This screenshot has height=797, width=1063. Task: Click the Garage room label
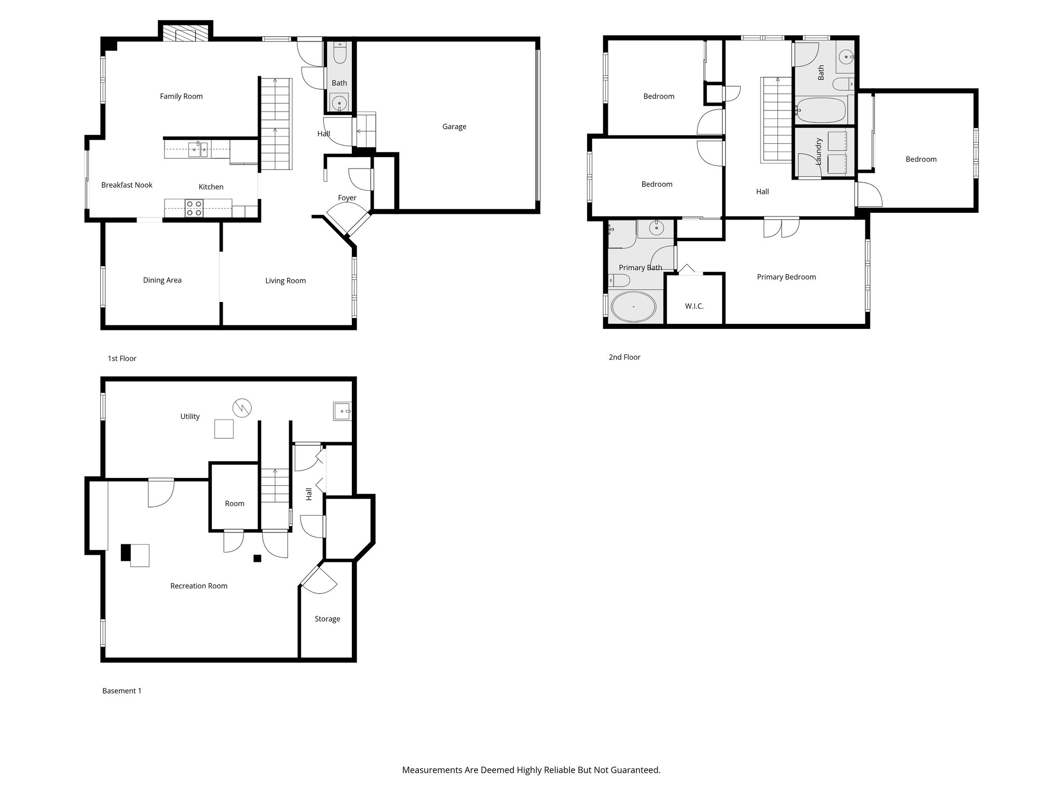[x=454, y=127]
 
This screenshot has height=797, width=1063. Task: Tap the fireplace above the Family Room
[x=185, y=34]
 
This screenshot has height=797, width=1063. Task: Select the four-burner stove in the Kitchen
[x=194, y=208]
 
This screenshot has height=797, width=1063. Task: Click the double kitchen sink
[x=198, y=150]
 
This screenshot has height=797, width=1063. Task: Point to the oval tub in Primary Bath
[x=633, y=307]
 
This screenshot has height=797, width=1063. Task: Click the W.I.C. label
[x=694, y=306]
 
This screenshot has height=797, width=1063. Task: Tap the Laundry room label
[x=819, y=152]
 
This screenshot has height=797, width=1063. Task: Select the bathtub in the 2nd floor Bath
[x=821, y=110]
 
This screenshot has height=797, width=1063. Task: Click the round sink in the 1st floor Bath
[x=339, y=103]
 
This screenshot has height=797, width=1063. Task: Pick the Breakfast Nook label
[x=127, y=185]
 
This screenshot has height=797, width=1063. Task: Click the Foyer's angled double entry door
[x=347, y=221]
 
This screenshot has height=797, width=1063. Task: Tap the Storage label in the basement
[x=327, y=619]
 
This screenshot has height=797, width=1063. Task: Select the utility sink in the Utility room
[x=342, y=411]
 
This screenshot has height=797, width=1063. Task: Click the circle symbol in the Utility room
[x=242, y=408]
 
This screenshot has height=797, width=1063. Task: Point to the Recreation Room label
[x=199, y=586]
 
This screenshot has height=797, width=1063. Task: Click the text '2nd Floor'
[x=624, y=358]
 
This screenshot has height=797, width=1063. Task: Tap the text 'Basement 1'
[x=121, y=691]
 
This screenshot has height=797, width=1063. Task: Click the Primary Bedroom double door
[x=781, y=227]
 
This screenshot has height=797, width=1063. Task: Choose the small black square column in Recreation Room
[x=257, y=558]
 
